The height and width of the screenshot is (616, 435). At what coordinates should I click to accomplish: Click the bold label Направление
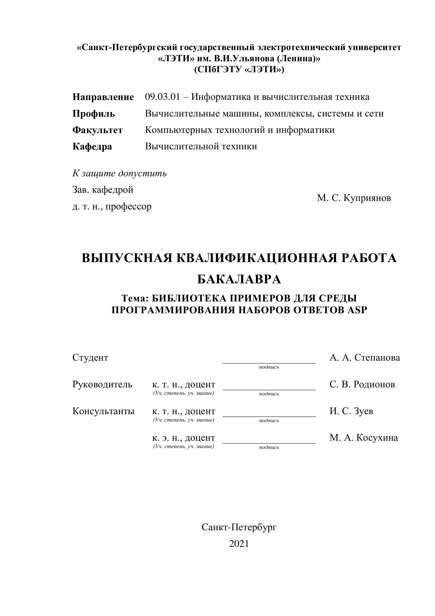pos(103,97)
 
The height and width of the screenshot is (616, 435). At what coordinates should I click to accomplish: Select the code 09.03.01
pos(162,97)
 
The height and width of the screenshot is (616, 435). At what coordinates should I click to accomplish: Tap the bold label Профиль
pos(93,114)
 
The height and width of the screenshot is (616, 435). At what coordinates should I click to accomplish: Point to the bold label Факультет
pos(98,130)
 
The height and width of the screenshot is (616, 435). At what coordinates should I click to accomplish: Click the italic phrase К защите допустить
pos(120,174)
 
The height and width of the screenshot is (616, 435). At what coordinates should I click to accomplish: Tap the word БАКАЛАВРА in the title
pos(239,280)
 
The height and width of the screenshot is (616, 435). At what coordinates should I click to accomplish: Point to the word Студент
pos(90,358)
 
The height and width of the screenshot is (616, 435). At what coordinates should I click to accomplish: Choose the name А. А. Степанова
pos(364,358)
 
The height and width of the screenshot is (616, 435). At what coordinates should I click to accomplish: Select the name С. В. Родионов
pos(362,384)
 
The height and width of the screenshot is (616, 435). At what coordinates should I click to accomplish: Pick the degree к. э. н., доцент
pos(184,438)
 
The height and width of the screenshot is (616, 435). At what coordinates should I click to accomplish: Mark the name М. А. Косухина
pos(363,438)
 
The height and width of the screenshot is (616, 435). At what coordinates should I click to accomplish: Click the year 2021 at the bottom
pos(239,544)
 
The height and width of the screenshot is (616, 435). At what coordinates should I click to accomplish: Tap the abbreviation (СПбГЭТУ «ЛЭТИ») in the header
pos(239,70)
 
